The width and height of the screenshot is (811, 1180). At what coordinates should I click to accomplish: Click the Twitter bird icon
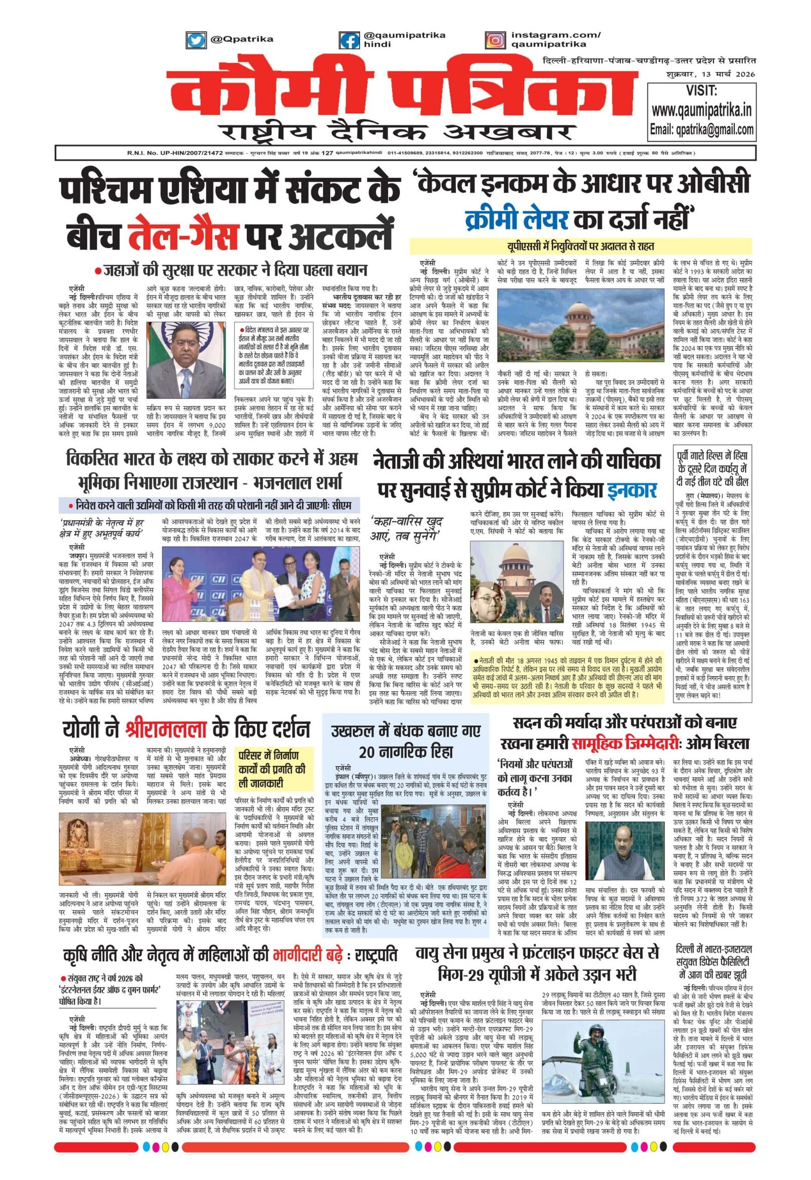click(194, 40)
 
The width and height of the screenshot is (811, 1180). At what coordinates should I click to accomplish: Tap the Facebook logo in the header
click(349, 40)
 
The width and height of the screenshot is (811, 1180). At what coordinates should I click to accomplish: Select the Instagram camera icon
click(493, 40)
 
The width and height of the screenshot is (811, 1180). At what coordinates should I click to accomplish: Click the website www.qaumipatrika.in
click(702, 110)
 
